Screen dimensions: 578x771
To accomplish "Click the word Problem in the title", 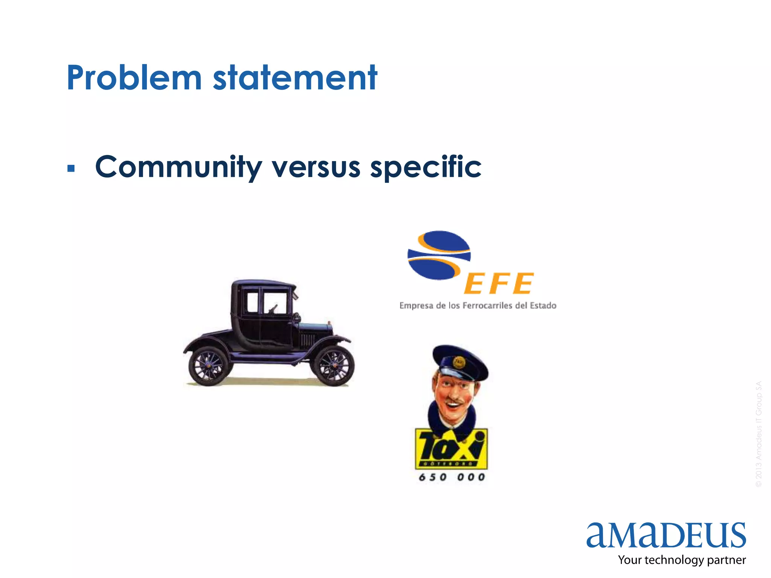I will click(x=134, y=78).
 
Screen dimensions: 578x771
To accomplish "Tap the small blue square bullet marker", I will click(x=71, y=168).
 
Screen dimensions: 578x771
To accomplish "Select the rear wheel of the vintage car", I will click(x=209, y=366).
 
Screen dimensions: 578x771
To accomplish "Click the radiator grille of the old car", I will click(x=308, y=340).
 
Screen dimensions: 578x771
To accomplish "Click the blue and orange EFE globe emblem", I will click(x=439, y=255).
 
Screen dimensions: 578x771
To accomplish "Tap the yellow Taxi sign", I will click(x=451, y=449).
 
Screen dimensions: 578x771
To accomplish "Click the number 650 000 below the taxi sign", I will click(x=452, y=477).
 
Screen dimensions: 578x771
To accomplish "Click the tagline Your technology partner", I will click(x=682, y=560).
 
